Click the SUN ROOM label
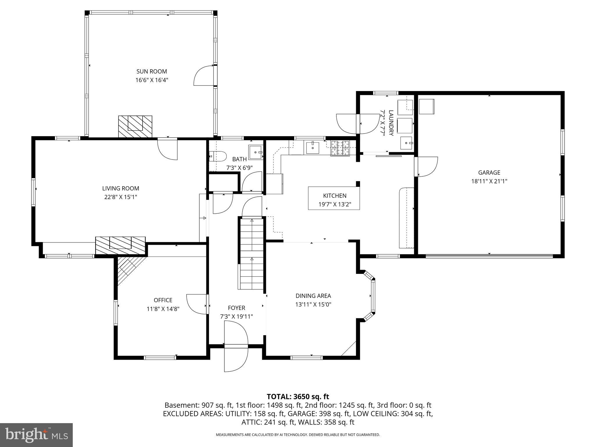[152, 71]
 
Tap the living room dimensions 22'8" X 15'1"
[120, 197]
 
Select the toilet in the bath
[218, 156]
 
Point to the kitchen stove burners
[340, 148]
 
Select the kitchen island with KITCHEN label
[334, 198]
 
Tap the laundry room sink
[406, 143]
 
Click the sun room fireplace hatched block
[135, 126]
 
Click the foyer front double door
[236, 346]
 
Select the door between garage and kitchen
[426, 166]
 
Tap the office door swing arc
[197, 304]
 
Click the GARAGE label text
[489, 173]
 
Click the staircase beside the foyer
[251, 253]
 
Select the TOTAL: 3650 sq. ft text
[298, 396]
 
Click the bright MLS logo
[36, 435]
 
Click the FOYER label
[236, 308]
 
